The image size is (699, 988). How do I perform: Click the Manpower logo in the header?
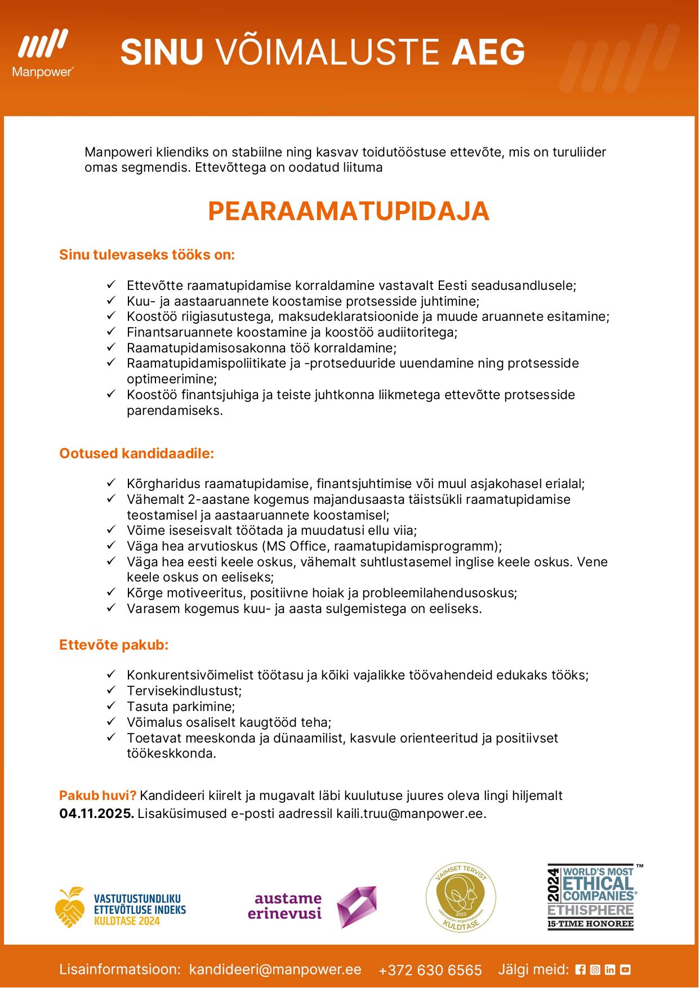click(x=43, y=53)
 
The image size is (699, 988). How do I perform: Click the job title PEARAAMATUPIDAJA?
click(x=349, y=211)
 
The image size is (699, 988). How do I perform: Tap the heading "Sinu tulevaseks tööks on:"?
click(x=147, y=255)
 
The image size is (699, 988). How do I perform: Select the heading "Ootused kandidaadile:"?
click(x=137, y=454)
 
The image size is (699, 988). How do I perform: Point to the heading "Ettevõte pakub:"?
click(x=114, y=645)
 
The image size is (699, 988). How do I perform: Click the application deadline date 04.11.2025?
click(x=96, y=813)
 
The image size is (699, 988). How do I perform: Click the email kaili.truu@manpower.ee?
click(x=410, y=813)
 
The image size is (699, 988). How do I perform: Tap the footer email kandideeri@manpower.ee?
click(x=275, y=969)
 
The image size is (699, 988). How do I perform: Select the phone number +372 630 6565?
click(x=430, y=970)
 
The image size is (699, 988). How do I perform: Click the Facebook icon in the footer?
click(x=581, y=969)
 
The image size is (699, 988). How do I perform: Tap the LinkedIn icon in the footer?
click(x=610, y=969)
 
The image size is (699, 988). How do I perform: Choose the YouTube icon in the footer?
click(x=625, y=969)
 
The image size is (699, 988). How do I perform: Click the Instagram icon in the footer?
click(x=595, y=969)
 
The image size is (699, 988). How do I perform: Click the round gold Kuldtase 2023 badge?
click(x=461, y=898)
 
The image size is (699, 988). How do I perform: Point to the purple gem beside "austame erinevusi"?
click(x=357, y=906)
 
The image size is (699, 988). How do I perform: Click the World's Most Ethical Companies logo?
click(x=591, y=897)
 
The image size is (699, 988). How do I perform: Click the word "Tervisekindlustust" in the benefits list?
click(x=184, y=691)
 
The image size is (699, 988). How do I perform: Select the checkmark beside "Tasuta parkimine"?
click(x=111, y=706)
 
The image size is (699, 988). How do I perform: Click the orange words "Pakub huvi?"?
click(x=97, y=795)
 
